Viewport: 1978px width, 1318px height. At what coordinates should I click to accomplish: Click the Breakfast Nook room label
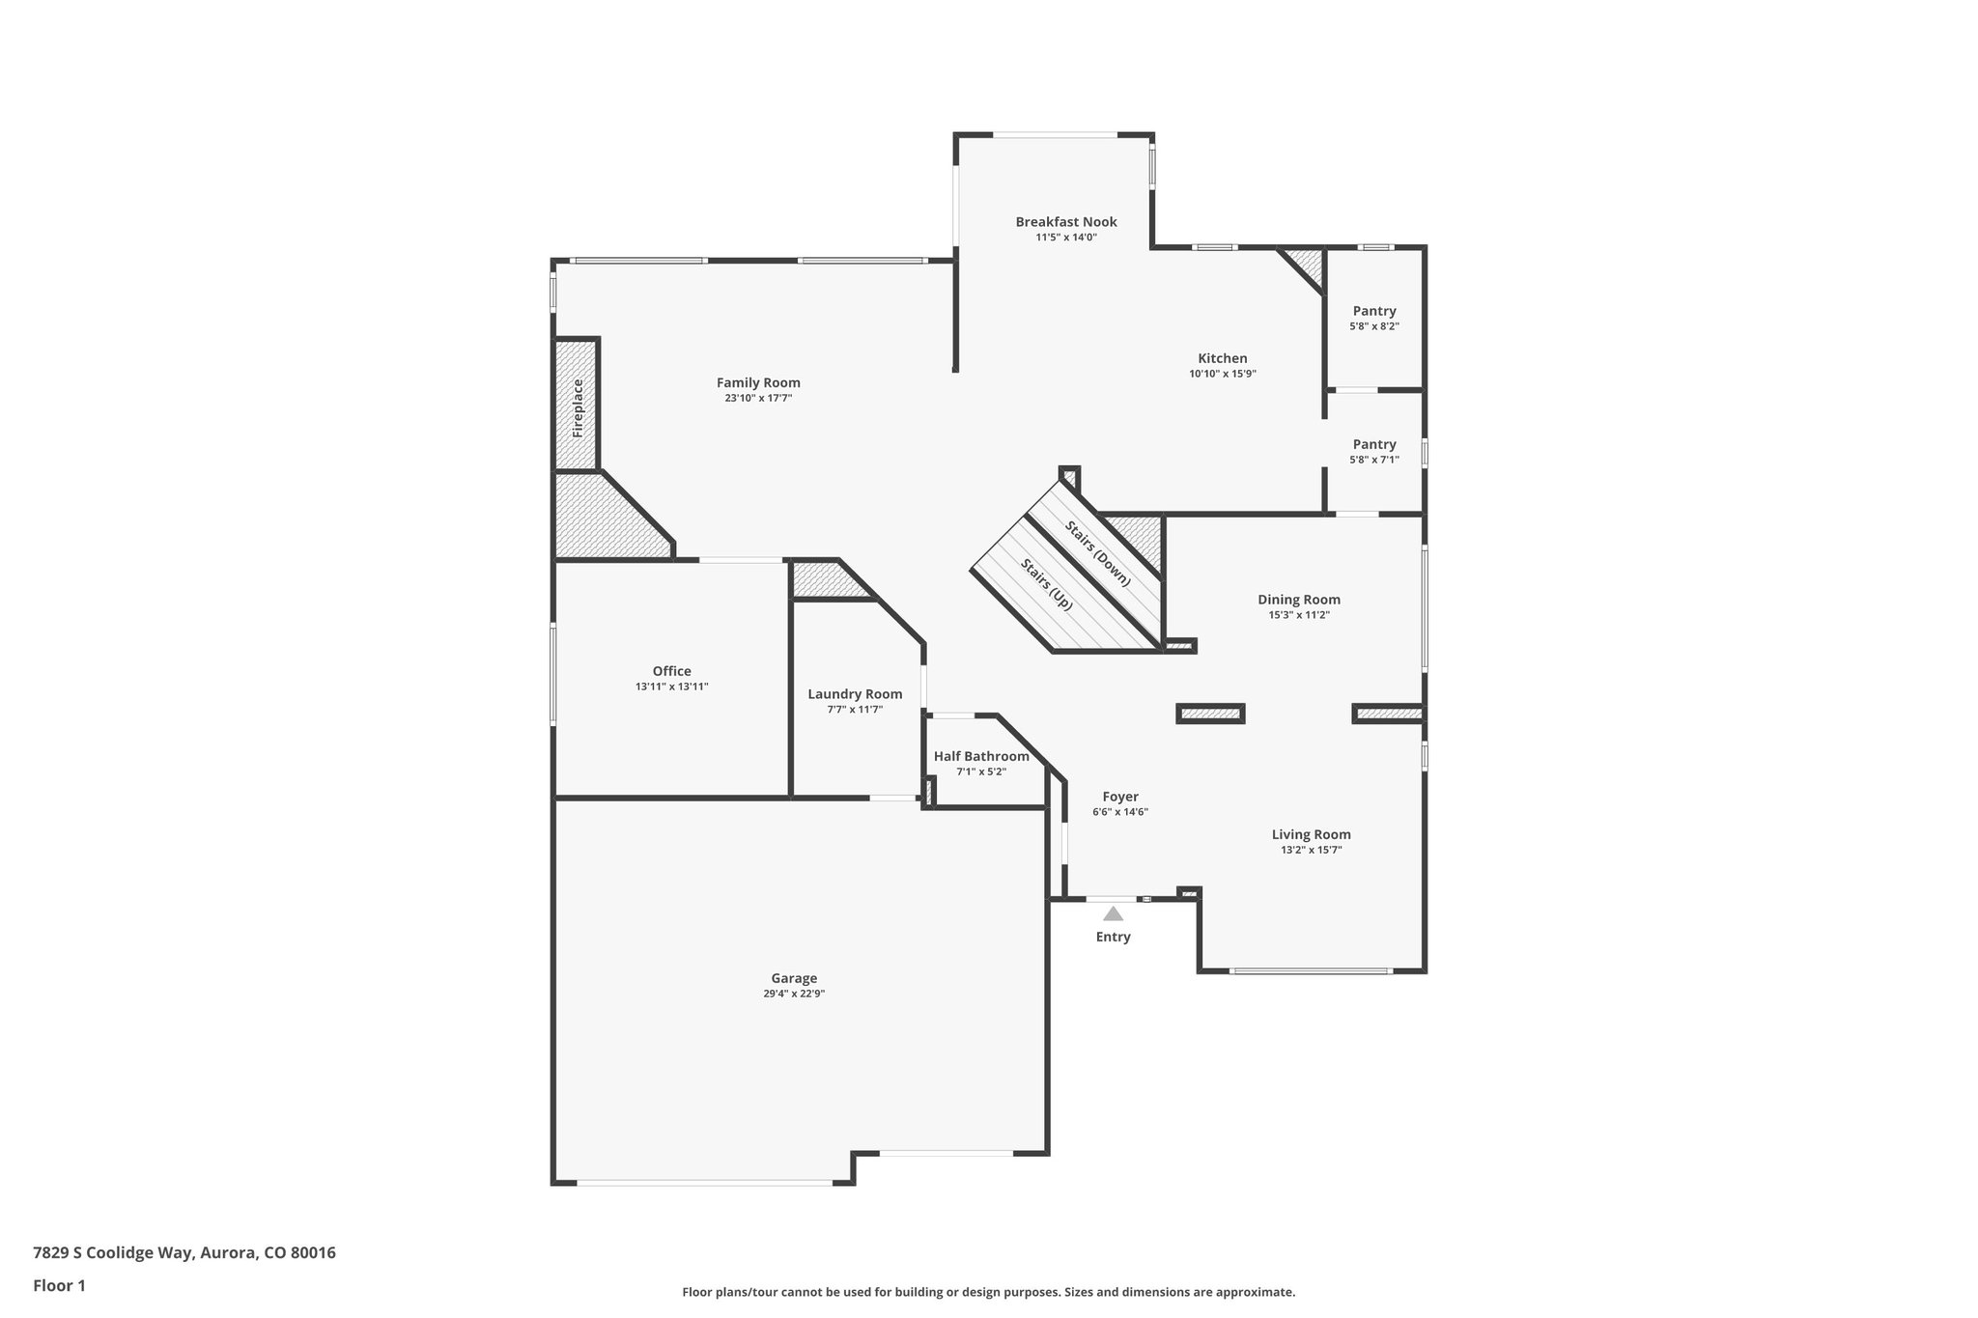1065,222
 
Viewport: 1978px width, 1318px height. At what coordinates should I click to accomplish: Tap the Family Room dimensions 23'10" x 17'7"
758,398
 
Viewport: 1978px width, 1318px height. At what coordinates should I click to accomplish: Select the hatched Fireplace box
577,406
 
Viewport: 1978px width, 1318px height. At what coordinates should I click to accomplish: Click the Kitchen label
1223,358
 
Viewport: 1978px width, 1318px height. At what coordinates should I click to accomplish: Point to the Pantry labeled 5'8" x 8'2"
1373,311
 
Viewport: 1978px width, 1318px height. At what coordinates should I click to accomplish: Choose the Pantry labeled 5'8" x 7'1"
1373,444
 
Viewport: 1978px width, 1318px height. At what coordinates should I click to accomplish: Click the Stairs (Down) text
1098,552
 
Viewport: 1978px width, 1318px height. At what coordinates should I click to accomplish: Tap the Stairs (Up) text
1047,583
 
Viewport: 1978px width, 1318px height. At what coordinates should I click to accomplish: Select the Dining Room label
1298,600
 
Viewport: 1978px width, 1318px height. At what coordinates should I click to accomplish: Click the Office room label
671,671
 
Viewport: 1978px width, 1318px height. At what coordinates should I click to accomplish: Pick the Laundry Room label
855,694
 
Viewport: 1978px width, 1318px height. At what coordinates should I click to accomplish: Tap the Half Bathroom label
981,756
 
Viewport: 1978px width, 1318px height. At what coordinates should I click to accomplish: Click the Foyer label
1120,797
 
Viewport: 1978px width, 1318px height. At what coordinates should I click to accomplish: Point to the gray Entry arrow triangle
1114,914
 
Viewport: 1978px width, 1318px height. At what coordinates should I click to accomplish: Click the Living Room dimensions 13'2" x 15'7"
1311,851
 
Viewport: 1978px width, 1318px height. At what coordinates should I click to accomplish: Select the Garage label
794,978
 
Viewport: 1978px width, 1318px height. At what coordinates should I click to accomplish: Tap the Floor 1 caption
59,1285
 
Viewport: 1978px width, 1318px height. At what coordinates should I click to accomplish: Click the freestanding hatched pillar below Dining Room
1210,714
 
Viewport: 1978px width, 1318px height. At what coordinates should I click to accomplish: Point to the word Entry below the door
1113,937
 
